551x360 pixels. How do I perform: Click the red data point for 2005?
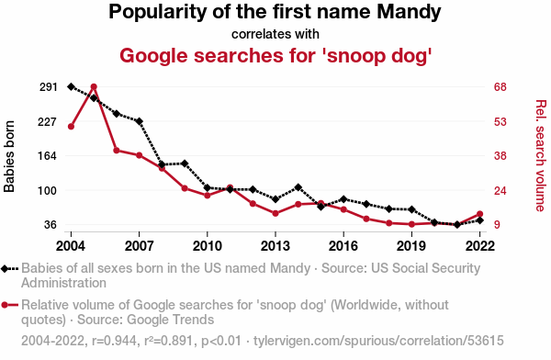tap(94, 87)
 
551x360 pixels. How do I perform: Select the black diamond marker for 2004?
tap(71, 86)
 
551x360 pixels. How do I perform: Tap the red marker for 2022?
tap(480, 214)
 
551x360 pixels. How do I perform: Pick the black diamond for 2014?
tap(298, 187)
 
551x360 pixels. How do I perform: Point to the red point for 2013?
tap(275, 213)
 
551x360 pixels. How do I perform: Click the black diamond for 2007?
tap(140, 121)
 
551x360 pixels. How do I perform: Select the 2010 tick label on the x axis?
tap(208, 246)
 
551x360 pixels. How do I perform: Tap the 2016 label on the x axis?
tap(343, 246)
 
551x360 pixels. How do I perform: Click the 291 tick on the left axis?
tap(48, 87)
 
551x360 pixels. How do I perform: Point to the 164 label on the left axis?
tap(48, 156)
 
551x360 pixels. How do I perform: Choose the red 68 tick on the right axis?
tap(500, 87)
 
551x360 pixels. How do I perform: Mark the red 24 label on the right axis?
tap(500, 190)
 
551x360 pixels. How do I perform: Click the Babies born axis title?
tap(9, 156)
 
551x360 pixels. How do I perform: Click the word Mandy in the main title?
tap(409, 12)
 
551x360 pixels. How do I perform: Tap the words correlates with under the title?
tap(275, 34)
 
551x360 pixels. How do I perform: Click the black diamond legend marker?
tap(5, 269)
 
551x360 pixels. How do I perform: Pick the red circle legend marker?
tap(5, 305)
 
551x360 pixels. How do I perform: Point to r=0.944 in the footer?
tap(114, 341)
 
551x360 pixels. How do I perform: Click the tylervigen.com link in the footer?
tap(378, 341)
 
